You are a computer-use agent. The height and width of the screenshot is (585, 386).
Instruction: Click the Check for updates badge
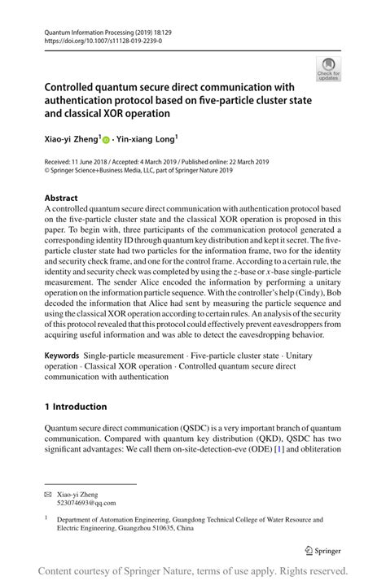(x=329, y=69)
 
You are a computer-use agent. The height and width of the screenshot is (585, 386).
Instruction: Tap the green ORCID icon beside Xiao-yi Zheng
(x=106, y=139)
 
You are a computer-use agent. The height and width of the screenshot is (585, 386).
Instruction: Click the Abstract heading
(x=61, y=198)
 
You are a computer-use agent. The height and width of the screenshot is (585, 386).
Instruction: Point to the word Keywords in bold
(x=63, y=356)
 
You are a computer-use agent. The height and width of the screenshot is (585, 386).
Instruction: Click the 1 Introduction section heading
(x=76, y=406)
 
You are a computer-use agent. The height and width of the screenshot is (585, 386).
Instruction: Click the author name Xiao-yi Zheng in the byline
(x=71, y=139)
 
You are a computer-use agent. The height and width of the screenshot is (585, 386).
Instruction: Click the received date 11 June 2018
(x=90, y=161)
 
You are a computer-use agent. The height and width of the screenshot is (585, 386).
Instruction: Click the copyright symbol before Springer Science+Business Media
(x=47, y=170)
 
